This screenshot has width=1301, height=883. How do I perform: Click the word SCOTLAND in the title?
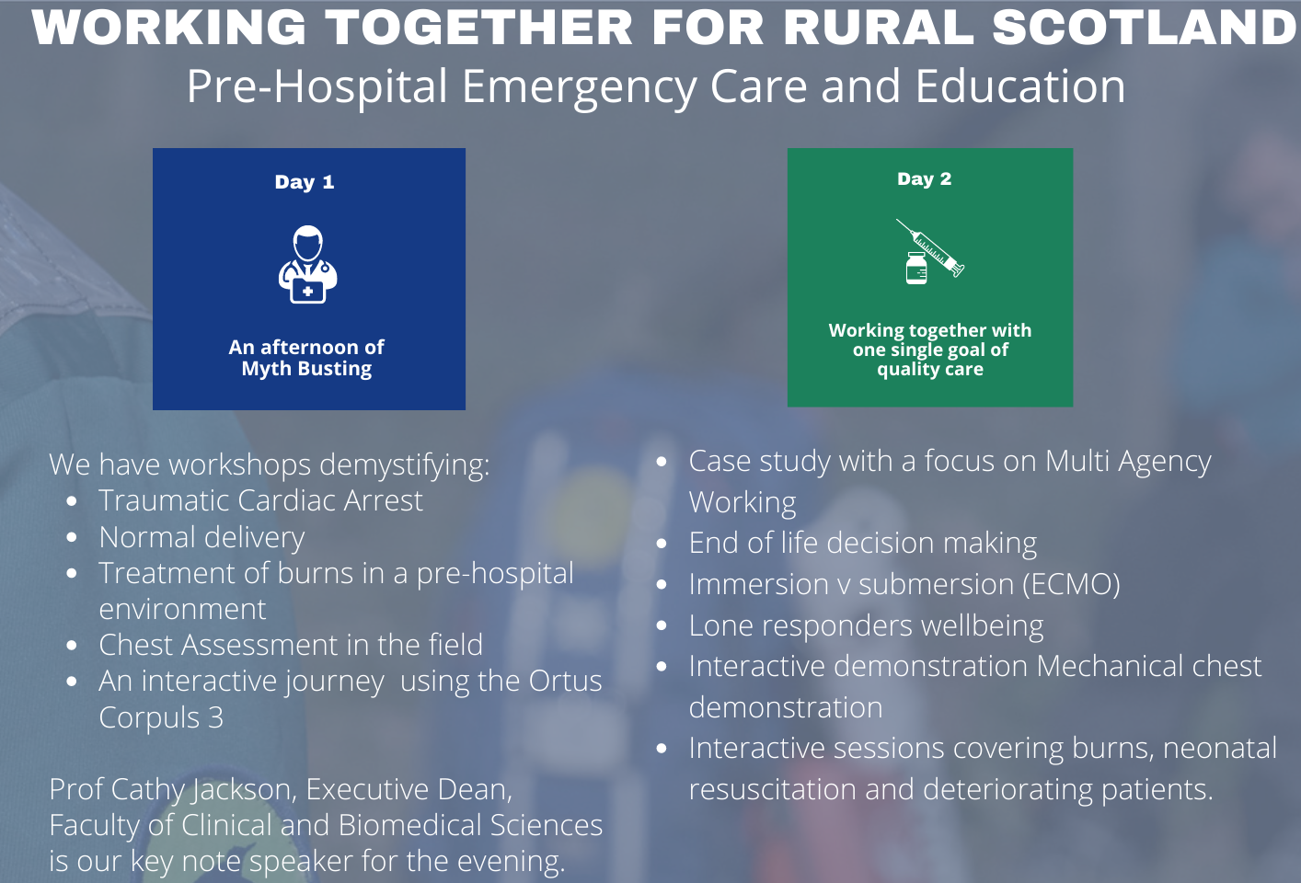(x=1146, y=28)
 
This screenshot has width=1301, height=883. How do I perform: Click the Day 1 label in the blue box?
(x=305, y=182)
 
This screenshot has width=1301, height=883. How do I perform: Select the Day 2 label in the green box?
(x=924, y=178)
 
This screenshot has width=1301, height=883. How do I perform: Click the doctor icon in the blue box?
(x=308, y=265)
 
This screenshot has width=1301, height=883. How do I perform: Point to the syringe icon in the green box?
(x=930, y=247)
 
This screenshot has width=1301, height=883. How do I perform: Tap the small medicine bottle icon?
(x=916, y=269)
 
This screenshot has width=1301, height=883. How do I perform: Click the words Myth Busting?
(x=306, y=369)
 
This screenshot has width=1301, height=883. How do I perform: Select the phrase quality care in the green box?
(x=930, y=370)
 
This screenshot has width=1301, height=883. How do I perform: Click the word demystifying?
(x=405, y=465)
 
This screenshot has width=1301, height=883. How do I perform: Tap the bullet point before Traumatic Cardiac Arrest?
(x=72, y=501)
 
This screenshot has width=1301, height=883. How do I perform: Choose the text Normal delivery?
(x=201, y=538)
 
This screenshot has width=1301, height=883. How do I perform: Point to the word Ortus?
(x=565, y=681)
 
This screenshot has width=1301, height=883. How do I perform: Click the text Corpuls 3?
(x=161, y=718)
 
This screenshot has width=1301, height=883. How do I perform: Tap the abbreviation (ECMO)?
(x=1071, y=584)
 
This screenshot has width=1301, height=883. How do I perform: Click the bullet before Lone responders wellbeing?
(x=662, y=625)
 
